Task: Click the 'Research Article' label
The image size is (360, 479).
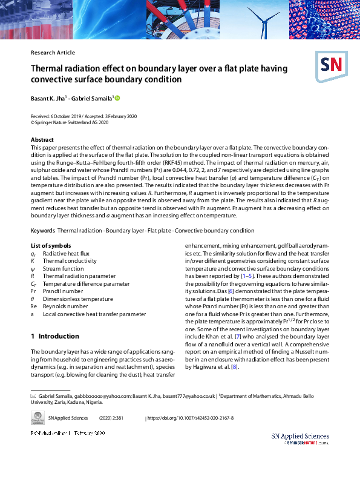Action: coord(53,53)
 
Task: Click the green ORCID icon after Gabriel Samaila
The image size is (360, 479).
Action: coord(117,98)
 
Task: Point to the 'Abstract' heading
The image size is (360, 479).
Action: coord(42,140)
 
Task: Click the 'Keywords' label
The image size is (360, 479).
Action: coord(43,231)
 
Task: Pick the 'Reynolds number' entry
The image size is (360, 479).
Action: coord(65,306)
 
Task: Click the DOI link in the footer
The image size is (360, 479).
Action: coord(191,418)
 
